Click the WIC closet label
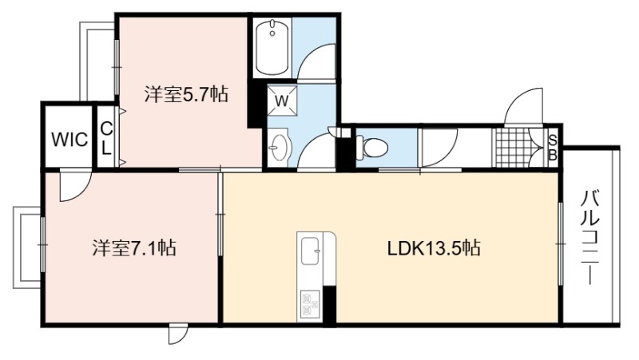pyautogui.click(x=69, y=140)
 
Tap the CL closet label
pyautogui.click(x=106, y=139)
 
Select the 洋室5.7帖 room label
pyautogui.click(x=186, y=94)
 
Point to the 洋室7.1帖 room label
pyautogui.click(x=134, y=247)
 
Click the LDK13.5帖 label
pyautogui.click(x=434, y=247)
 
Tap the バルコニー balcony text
pyautogui.click(x=590, y=237)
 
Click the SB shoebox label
pyautogui.click(x=553, y=148)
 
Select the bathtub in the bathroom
pyautogui.click(x=272, y=47)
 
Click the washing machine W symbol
pyautogui.click(x=282, y=101)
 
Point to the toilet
pyautogui.click(x=371, y=148)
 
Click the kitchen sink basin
pyautogui.click(x=311, y=251)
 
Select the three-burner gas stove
pyautogui.click(x=311, y=303)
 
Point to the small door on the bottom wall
pyautogui.click(x=178, y=334)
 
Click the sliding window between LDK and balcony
pyautogui.click(x=561, y=243)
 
